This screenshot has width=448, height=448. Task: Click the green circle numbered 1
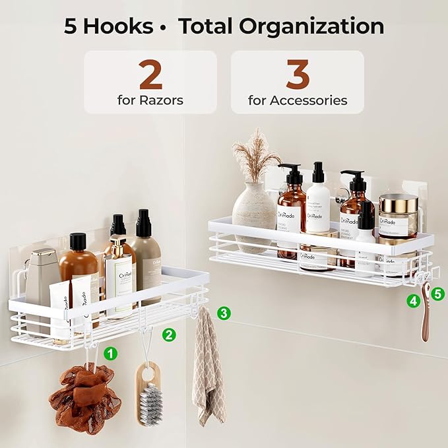110,353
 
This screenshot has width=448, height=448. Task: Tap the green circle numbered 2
170,335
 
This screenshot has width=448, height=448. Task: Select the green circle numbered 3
224,313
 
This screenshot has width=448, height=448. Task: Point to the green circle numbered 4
413,301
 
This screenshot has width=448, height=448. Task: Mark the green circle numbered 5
439,291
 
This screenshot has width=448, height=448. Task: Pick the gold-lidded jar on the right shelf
398,215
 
